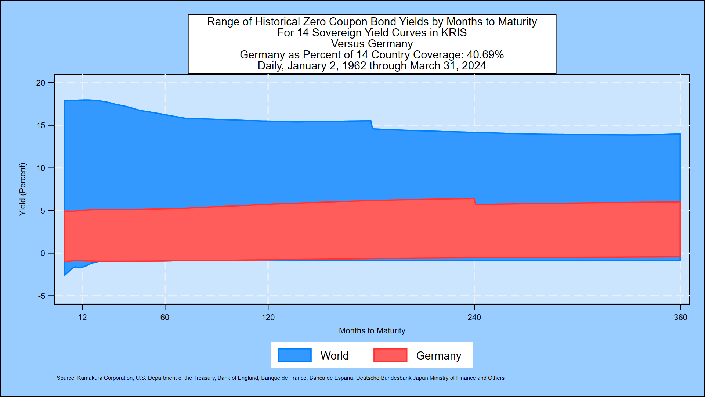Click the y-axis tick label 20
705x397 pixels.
(40, 83)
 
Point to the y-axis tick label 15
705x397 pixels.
(40, 126)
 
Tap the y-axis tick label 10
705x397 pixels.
(40, 168)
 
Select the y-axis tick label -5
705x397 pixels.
(41, 296)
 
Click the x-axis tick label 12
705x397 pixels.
(82, 318)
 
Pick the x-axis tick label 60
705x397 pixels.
(165, 318)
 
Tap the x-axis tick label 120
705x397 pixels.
(268, 318)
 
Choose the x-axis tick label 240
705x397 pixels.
(474, 318)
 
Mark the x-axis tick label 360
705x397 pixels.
(680, 318)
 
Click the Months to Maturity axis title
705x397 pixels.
(372, 331)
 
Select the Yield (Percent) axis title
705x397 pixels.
(23, 189)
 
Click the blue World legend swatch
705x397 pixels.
(294, 355)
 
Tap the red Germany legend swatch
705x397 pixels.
(390, 355)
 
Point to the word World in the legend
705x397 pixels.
(335, 356)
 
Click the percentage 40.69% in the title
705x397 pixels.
(485, 55)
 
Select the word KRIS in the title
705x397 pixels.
(454, 33)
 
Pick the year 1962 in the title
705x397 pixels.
(354, 66)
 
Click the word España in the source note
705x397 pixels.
(344, 378)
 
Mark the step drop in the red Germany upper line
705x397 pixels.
(475, 201)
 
